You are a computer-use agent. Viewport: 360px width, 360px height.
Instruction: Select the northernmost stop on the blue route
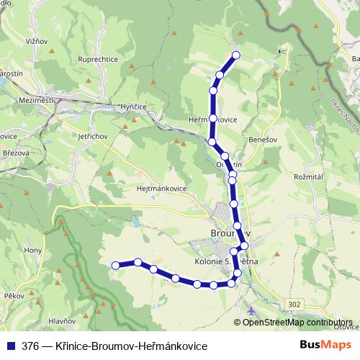[235, 56]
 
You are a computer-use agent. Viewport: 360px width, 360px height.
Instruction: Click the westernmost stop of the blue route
[115, 266]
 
